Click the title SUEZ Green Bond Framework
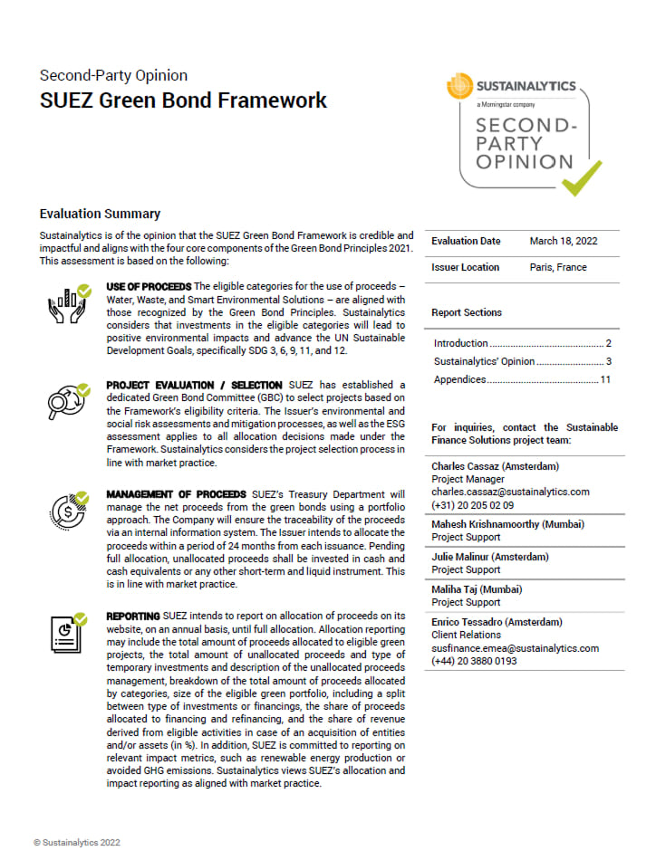tap(183, 100)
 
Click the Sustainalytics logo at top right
tap(512, 87)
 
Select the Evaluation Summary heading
tap(100, 215)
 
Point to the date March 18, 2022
tap(564, 242)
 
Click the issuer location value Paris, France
tap(558, 268)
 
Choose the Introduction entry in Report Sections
tap(461, 344)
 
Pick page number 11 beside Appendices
tap(605, 380)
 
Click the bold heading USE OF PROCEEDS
tap(149, 287)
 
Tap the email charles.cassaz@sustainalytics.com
tap(510, 492)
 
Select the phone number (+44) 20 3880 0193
tap(473, 662)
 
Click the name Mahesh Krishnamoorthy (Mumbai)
tap(507, 525)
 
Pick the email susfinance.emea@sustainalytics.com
tap(515, 649)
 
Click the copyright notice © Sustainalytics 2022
tap(77, 842)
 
